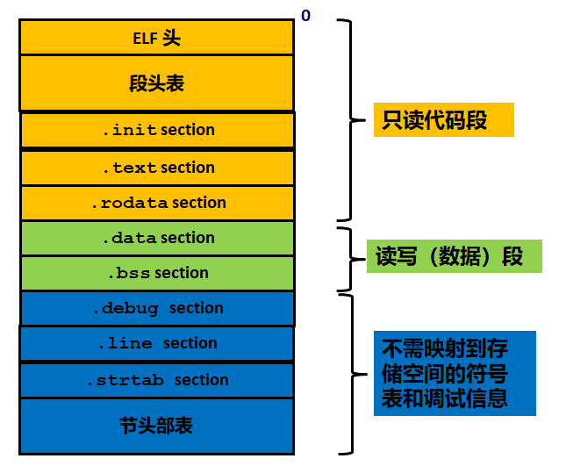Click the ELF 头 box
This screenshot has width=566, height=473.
point(156,38)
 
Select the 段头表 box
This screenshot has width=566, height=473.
point(156,83)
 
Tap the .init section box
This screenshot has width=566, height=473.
point(157,130)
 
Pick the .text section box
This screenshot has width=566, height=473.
point(157,168)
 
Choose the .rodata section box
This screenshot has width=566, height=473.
point(157,203)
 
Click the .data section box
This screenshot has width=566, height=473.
point(157,238)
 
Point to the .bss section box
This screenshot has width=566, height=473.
point(157,273)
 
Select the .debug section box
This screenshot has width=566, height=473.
point(157,308)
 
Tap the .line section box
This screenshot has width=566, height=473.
point(156,343)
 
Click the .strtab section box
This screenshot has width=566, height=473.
point(156,380)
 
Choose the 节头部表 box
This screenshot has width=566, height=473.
point(156,426)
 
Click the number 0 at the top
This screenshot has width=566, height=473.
point(305,16)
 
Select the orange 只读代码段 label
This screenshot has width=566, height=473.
point(443,120)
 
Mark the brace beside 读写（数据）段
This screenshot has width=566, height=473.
point(348,259)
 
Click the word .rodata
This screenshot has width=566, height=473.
point(130,203)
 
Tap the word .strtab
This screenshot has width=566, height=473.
point(126,380)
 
